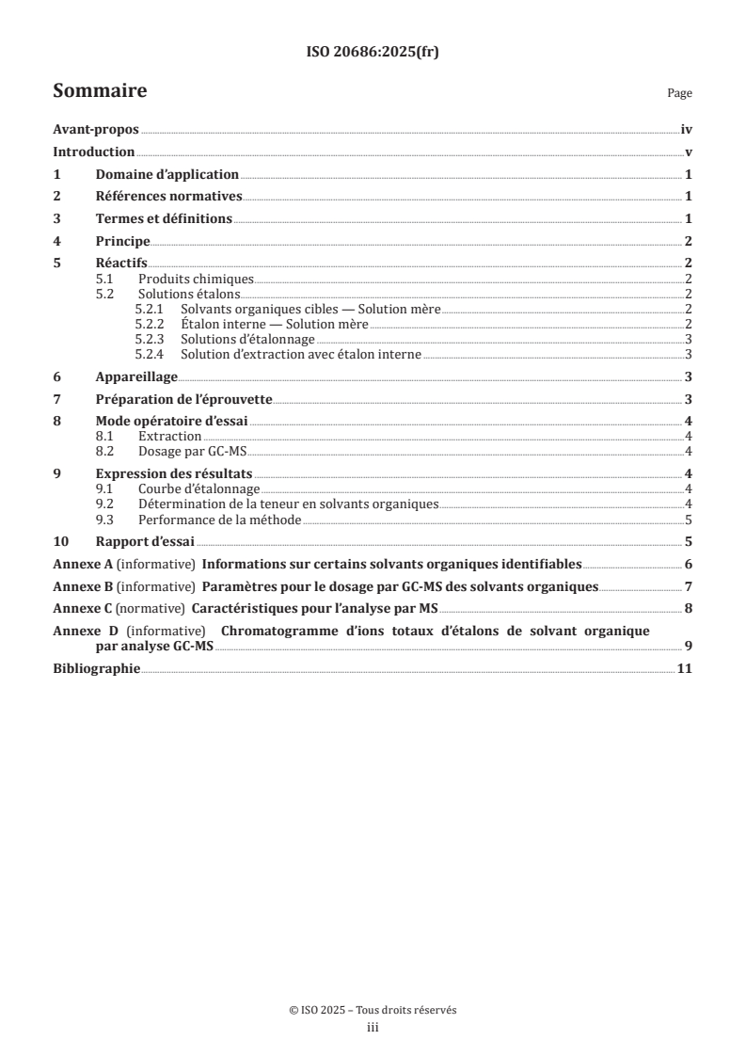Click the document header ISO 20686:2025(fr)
pos(373,53)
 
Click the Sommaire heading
pos(99,91)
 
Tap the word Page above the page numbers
pos(679,94)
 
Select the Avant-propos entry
pos(96,131)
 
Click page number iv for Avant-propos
pos(687,131)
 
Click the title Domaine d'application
pos(167,175)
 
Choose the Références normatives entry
pos(169,197)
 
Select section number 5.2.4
pos(150,354)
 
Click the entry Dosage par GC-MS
pos(180,450)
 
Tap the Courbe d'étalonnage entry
pos(198,489)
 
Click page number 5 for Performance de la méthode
pos(690,520)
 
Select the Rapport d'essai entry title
pos(145,541)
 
